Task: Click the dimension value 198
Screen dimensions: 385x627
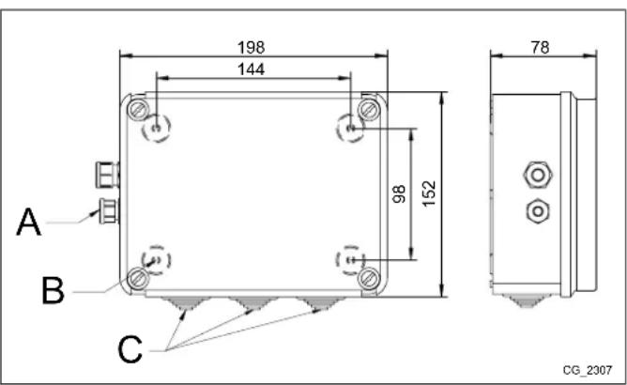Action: coord(252,46)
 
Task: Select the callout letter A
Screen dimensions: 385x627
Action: coord(29,225)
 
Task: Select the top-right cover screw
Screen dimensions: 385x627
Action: coord(369,109)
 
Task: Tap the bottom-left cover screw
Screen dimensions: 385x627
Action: coord(139,277)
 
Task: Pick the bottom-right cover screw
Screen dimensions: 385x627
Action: coord(369,277)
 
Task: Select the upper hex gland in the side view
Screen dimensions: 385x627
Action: coord(536,175)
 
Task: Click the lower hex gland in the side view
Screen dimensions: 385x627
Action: coord(536,210)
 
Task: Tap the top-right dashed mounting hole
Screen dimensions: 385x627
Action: coord(350,127)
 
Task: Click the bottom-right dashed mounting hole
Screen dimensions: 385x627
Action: coord(349,259)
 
